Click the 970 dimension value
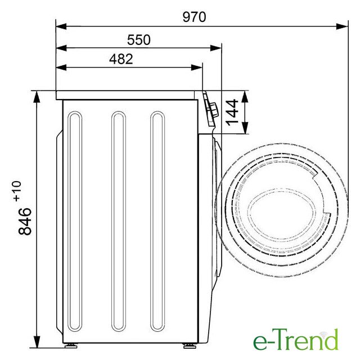(194, 17)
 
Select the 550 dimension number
(139, 39)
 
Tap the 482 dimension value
(121, 59)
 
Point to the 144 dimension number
(232, 112)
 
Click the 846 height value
(25, 221)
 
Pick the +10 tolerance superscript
(17, 191)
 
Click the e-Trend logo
(296, 339)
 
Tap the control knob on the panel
(214, 110)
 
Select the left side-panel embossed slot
(75, 221)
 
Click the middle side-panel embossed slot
(119, 221)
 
